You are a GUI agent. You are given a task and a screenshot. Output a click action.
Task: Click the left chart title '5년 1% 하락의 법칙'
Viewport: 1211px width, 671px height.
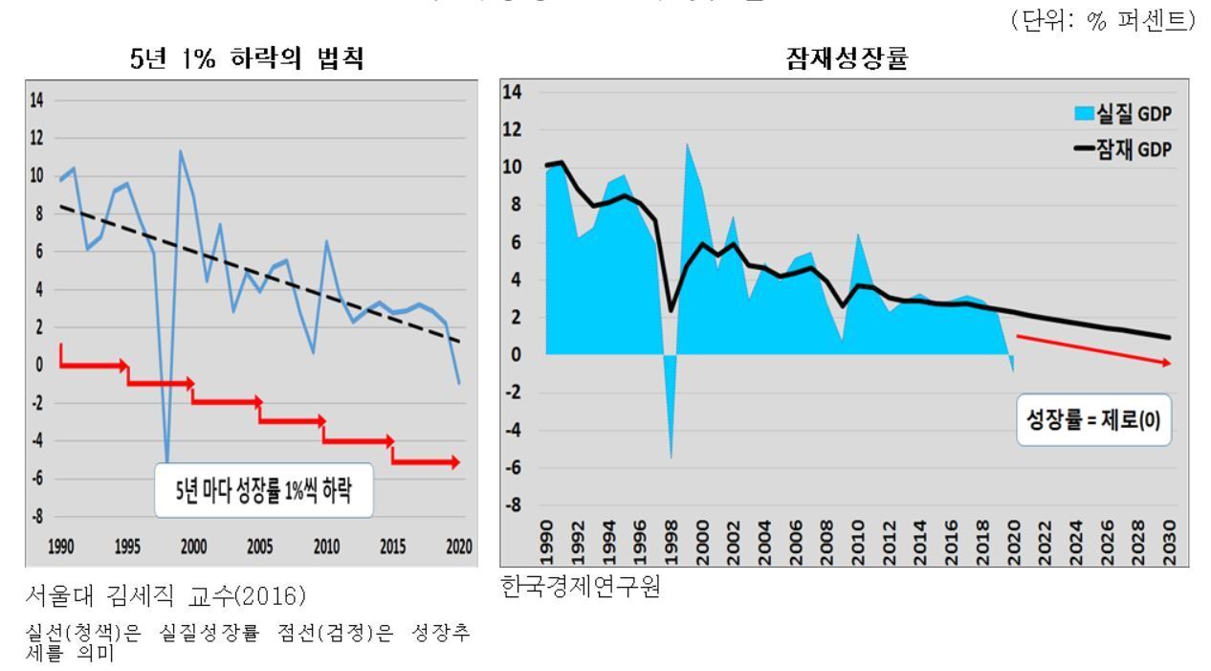coord(246,62)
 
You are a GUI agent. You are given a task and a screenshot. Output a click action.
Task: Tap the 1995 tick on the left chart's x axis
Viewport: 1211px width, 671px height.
coord(127,548)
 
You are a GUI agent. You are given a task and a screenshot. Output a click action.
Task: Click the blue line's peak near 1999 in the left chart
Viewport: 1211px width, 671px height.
coord(180,150)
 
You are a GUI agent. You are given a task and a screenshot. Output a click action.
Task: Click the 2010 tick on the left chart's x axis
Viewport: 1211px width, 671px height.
coord(326,548)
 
